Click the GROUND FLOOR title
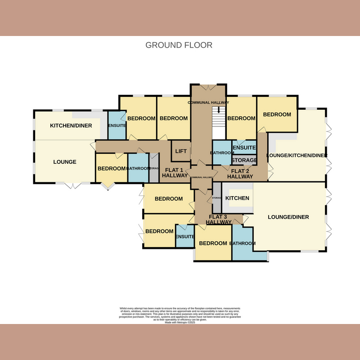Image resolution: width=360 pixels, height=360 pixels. pyautogui.click(x=179, y=45)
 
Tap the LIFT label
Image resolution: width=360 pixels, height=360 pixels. pyautogui.click(x=180, y=152)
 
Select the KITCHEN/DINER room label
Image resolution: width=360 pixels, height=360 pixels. pyautogui.click(x=74, y=126)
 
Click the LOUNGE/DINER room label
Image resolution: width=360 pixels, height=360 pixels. pyautogui.click(x=288, y=217)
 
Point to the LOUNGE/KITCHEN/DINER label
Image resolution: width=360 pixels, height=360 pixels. pyautogui.click(x=297, y=156)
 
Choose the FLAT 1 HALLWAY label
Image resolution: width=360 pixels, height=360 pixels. pyautogui.click(x=175, y=173)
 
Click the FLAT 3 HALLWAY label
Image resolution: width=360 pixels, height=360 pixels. pyautogui.click(x=219, y=219)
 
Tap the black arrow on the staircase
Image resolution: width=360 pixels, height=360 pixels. pyautogui.click(x=219, y=110)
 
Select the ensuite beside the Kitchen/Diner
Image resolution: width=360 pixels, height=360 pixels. pyautogui.click(x=117, y=126)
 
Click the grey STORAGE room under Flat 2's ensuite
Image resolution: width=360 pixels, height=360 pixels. pyautogui.click(x=244, y=160)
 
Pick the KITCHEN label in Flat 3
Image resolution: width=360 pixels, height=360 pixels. pyautogui.click(x=237, y=198)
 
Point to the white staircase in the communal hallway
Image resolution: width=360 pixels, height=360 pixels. pyautogui.click(x=219, y=124)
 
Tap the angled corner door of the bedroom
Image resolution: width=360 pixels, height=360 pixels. pyautogui.click(x=107, y=186)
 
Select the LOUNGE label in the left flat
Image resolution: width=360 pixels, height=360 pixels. pyautogui.click(x=65, y=162)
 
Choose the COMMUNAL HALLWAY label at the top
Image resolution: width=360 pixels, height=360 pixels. pyautogui.click(x=208, y=103)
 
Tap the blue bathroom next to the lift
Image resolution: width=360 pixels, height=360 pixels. pyautogui.click(x=221, y=153)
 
